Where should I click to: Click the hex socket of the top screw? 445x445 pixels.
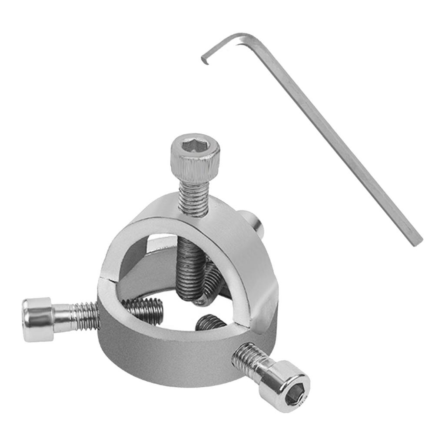coord(194,145)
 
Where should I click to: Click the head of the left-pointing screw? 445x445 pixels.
coord(37,319)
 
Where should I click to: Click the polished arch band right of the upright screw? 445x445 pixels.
coord(243,252)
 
